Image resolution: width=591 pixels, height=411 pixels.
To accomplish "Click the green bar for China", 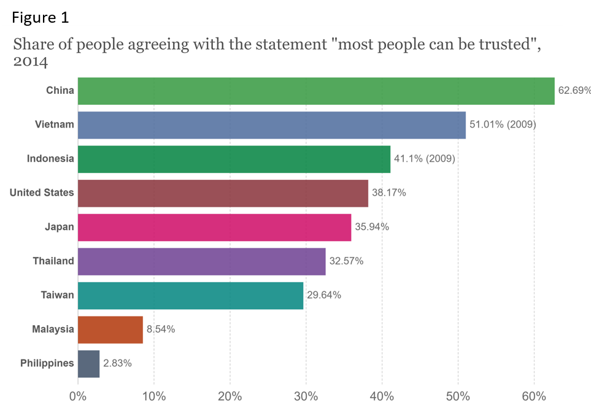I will (x=316, y=91).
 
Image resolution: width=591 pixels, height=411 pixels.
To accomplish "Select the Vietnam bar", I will (x=272, y=125).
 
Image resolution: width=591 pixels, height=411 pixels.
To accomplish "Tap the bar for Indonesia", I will (x=234, y=159).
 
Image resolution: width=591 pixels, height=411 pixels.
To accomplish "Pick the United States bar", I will (x=223, y=193).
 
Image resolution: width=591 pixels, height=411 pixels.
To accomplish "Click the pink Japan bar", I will (x=215, y=227).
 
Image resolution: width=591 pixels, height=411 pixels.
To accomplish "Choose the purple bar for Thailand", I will (x=202, y=261).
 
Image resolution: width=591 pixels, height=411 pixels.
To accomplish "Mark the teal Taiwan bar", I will (x=191, y=295).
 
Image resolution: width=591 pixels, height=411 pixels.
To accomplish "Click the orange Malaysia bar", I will (x=110, y=329).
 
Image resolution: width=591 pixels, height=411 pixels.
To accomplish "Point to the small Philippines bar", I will (x=89, y=363).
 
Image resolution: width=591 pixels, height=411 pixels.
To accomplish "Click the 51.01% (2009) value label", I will (x=503, y=125).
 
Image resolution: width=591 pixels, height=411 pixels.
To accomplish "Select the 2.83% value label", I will (x=117, y=363).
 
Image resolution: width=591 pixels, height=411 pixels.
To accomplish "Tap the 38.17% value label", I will (x=388, y=193).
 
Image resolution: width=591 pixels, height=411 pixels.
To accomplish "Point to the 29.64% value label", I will (x=324, y=295).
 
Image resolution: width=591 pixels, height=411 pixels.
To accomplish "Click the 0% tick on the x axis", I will (x=78, y=396).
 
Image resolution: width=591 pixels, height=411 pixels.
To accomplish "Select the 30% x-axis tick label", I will (x=306, y=396).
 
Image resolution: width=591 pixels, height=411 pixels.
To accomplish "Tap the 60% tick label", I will (x=533, y=396).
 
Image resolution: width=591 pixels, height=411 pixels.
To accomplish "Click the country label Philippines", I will (x=47, y=363).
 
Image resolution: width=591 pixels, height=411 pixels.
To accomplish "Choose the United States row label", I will (x=42, y=193).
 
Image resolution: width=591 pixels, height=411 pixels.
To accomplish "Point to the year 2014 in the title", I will (x=31, y=63).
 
